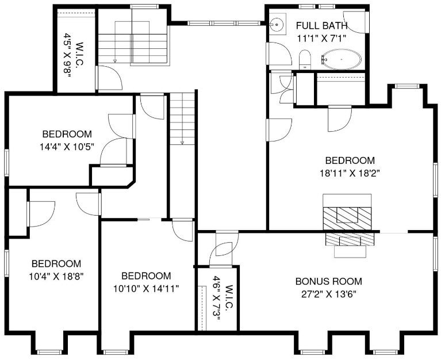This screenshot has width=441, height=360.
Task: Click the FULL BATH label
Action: click(x=322, y=26)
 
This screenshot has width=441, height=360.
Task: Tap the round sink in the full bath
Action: click(x=277, y=24)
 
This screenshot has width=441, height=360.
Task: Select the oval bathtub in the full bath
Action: click(x=341, y=59)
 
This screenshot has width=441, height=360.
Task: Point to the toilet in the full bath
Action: click(x=305, y=60)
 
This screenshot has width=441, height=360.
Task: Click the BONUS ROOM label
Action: click(x=329, y=281)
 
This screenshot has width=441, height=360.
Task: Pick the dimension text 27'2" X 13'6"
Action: click(x=329, y=294)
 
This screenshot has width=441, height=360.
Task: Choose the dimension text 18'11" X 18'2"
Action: click(x=350, y=173)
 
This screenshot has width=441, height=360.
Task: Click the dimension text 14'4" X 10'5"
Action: click(x=67, y=147)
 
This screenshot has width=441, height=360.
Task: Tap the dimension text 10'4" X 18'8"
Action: click(x=56, y=277)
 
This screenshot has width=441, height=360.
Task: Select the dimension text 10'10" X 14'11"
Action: click(x=146, y=289)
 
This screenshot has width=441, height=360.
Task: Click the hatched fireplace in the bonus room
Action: click(x=350, y=239)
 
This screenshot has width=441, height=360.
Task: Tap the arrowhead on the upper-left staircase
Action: click(x=115, y=60)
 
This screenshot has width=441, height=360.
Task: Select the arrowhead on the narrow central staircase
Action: click(x=182, y=143)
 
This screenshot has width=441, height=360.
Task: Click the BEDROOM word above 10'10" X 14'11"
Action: click(x=146, y=276)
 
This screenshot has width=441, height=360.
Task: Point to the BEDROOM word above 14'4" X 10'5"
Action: click(x=67, y=134)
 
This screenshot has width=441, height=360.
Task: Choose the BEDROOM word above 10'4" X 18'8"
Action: click(x=56, y=264)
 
